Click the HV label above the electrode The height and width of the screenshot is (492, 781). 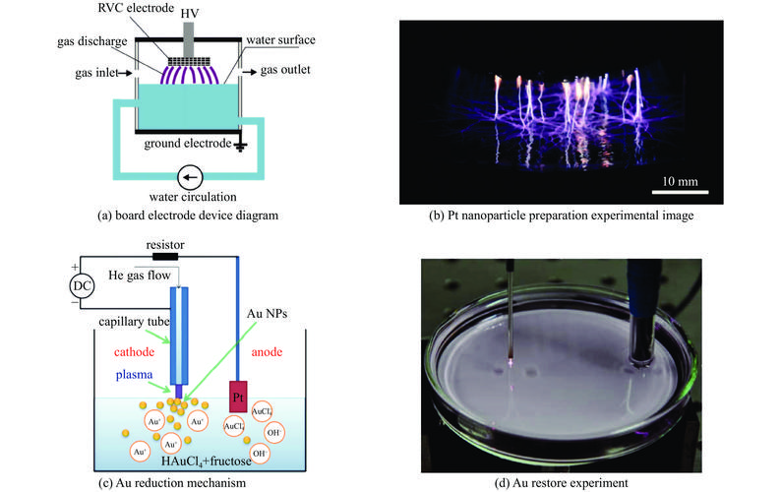click(x=189, y=14)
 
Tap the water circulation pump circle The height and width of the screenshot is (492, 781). click(x=190, y=177)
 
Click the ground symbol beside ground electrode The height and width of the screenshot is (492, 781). click(x=240, y=146)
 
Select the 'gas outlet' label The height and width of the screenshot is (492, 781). click(x=285, y=70)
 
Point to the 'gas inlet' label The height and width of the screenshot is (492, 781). click(x=96, y=73)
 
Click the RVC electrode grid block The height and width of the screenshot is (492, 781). click(x=189, y=62)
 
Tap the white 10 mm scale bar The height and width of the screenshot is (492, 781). click(x=680, y=192)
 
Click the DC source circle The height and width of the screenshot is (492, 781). click(x=82, y=285)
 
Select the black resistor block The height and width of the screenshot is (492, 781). click(x=165, y=257)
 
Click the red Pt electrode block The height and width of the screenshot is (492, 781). click(x=238, y=397)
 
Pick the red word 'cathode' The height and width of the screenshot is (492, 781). click(x=134, y=352)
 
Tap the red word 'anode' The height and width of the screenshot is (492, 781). click(x=267, y=352)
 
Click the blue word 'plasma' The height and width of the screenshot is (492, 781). click(x=134, y=375)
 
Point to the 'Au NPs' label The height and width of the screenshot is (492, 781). click(x=267, y=314)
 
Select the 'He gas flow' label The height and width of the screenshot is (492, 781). click(x=140, y=276)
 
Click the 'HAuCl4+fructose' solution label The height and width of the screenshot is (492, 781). click(x=207, y=461)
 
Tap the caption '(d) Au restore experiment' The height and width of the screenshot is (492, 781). click(x=561, y=483)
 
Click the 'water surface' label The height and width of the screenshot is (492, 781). click(x=280, y=40)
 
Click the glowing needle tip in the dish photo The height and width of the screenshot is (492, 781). click(x=511, y=362)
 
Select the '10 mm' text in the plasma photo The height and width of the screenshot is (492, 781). click(x=680, y=181)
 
